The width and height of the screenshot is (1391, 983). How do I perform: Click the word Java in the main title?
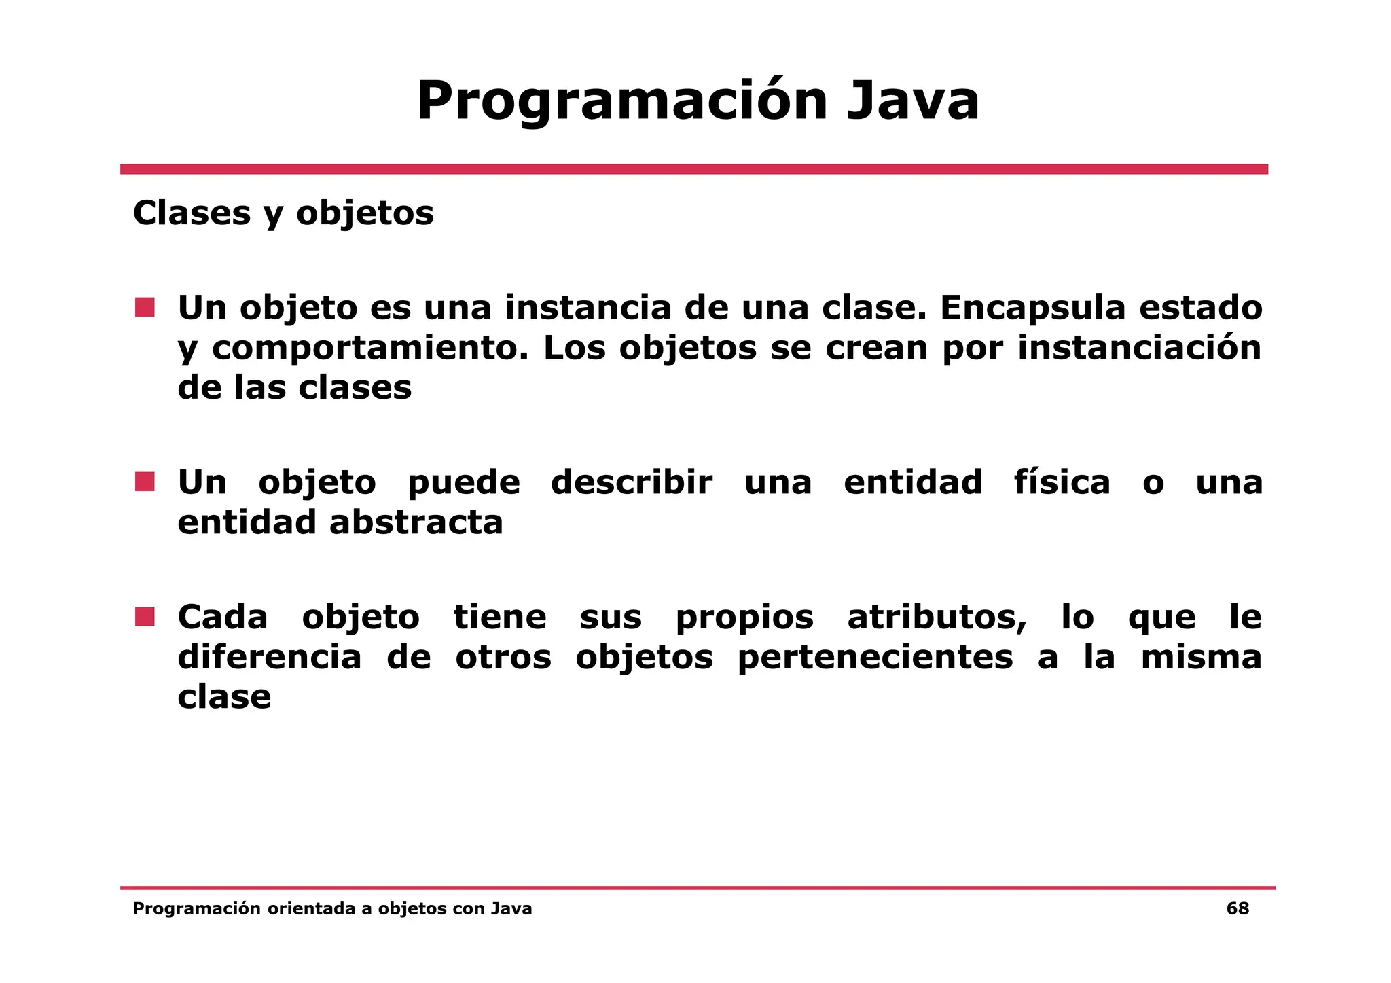[913, 101]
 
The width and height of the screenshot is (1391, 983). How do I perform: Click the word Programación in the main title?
[621, 101]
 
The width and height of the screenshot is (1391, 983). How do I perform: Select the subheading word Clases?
[192, 213]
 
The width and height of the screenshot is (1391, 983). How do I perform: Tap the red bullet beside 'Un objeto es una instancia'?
[145, 308]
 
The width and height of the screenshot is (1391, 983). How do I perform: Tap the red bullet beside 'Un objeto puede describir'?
[145, 482]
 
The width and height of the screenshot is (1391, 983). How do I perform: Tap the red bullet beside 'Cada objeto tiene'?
[145, 617]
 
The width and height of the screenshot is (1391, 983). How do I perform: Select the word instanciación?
[1139, 348]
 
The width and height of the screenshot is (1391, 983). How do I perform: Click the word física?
[1062, 482]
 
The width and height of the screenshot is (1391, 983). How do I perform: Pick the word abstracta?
[416, 522]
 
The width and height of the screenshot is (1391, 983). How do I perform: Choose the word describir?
[632, 482]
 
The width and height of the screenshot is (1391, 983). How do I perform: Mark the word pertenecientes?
[875, 658]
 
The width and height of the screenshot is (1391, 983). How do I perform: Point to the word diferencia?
[269, 657]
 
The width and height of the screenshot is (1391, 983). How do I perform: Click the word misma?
[1201, 657]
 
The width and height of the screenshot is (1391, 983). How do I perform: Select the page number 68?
[1238, 909]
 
